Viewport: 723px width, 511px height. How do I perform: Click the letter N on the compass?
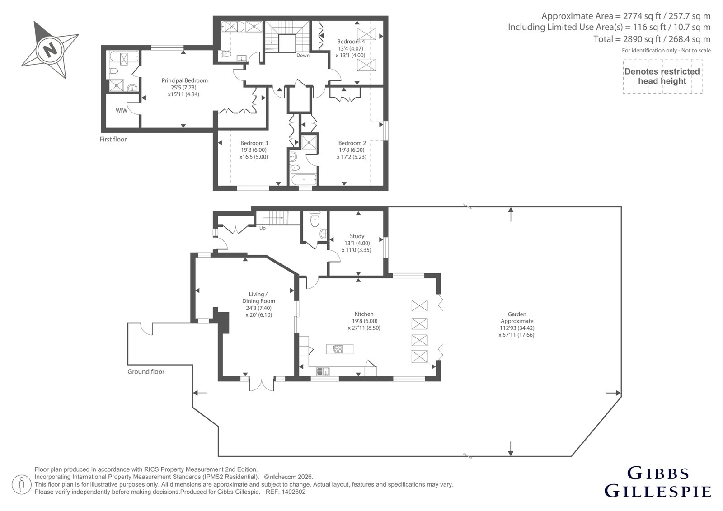(x=50, y=50)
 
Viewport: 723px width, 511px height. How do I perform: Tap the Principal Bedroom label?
(x=185, y=80)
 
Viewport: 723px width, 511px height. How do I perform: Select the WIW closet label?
(x=122, y=110)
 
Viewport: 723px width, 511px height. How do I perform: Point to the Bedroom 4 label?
(x=351, y=41)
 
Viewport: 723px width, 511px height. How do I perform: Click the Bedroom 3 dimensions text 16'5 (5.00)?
(x=254, y=157)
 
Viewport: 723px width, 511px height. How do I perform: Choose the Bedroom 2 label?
(x=352, y=143)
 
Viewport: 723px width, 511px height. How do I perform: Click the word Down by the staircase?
(x=303, y=55)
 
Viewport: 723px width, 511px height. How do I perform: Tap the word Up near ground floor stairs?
(x=263, y=228)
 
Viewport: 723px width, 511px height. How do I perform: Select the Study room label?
(x=357, y=236)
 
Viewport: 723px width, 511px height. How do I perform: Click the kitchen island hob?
(x=338, y=349)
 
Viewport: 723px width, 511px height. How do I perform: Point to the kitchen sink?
(x=323, y=371)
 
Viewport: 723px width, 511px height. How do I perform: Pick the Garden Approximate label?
(x=517, y=317)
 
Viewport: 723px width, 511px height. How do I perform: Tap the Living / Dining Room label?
(x=258, y=297)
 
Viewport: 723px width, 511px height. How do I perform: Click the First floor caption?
(x=113, y=139)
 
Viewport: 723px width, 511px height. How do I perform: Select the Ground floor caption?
(x=146, y=371)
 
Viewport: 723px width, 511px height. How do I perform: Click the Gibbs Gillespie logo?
(x=658, y=482)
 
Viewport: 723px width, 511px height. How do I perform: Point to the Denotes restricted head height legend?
(x=662, y=76)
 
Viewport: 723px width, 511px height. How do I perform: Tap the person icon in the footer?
(x=21, y=484)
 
